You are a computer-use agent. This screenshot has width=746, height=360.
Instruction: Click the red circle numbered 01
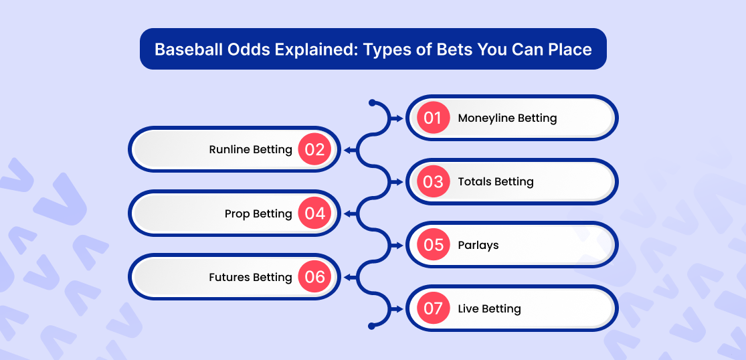click(433, 118)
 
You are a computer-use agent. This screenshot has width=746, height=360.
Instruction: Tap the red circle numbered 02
click(314, 150)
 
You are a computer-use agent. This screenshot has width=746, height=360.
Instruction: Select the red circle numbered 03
click(433, 181)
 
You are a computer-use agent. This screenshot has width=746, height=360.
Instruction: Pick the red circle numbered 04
click(314, 213)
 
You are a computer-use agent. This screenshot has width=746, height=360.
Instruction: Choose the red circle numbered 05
click(433, 245)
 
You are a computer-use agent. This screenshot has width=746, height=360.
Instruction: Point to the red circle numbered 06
click(314, 277)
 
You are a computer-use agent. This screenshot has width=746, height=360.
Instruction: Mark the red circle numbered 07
click(433, 308)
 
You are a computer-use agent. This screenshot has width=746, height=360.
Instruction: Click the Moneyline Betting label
click(507, 118)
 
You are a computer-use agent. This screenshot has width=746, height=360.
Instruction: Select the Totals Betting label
click(496, 182)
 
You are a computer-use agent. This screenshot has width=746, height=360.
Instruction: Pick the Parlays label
click(478, 246)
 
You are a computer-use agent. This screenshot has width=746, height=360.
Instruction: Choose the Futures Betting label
click(250, 278)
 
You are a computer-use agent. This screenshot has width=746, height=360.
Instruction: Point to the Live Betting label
click(489, 310)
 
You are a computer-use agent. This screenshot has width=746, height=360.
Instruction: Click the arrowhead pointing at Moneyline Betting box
click(400, 118)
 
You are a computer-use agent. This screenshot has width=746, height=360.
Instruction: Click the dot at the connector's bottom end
click(372, 327)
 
